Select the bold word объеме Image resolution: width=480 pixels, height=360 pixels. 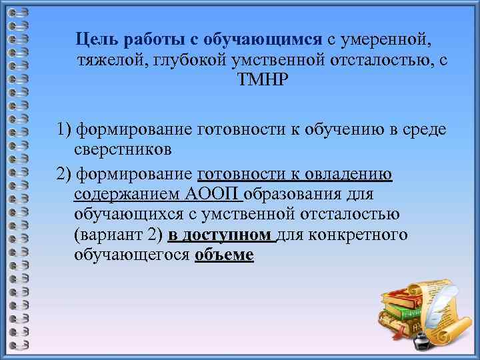(x=224, y=255)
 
